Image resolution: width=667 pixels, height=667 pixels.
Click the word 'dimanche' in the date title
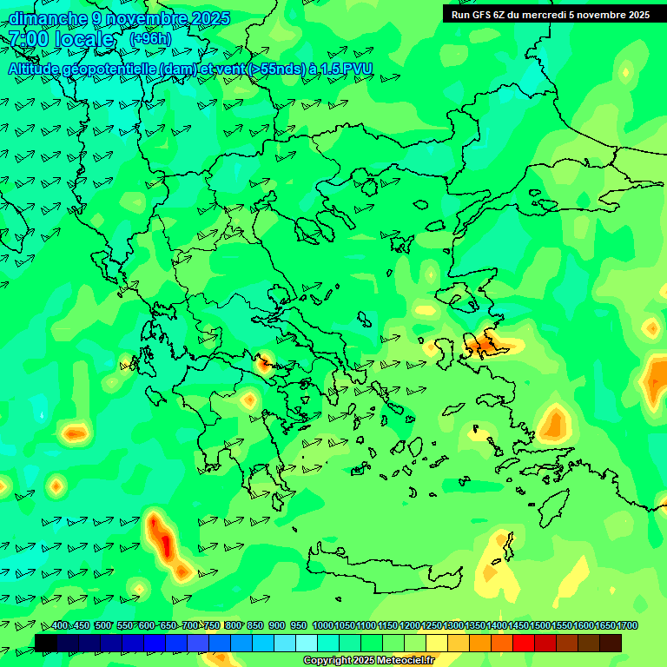[48, 18]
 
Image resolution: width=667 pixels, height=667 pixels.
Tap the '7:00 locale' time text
[61, 39]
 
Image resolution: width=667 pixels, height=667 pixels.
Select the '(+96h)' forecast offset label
[150, 38]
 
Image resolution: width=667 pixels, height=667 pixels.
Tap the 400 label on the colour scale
[60, 625]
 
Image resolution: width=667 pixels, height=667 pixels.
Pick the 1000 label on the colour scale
[322, 625]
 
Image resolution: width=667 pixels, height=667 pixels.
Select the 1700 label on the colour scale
[627, 625]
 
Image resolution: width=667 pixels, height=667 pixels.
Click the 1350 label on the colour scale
[475, 625]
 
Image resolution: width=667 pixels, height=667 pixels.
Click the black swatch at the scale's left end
[46, 643]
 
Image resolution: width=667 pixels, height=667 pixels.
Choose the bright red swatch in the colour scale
[524, 643]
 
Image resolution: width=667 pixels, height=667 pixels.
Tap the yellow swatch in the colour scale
[437, 643]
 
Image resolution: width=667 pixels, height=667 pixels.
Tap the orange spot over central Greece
[263, 361]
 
